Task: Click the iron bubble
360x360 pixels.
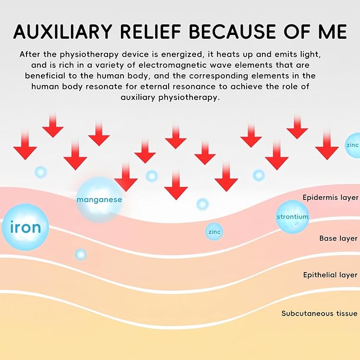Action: pos(25,227)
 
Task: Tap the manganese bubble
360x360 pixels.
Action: pos(99,199)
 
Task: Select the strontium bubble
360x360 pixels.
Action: pos(292,217)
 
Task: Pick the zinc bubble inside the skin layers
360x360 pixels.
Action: pos(214,232)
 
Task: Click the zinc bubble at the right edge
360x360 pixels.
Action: pos(353,145)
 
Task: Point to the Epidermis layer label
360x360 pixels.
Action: pos(330,197)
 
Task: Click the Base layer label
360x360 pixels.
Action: pos(338,238)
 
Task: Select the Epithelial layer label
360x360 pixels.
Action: pos(330,275)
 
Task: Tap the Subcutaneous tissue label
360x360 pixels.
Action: pos(319,313)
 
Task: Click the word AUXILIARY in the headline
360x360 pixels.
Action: pos(63,31)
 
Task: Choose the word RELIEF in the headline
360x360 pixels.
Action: pos(151,31)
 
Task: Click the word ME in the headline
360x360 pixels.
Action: pos(332,31)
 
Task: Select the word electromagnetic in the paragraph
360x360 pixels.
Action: pos(175,65)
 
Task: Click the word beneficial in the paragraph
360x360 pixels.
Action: pos(45,76)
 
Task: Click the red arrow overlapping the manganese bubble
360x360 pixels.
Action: pos(126,177)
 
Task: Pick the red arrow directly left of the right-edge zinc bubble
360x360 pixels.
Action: pos(327,146)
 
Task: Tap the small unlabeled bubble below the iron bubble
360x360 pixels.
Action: pos(81,254)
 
